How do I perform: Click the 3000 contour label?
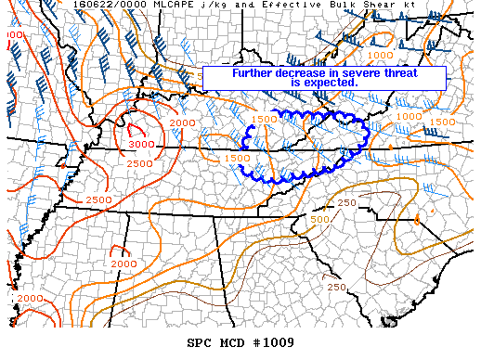[x=142, y=144]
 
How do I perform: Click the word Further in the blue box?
[x=254, y=73]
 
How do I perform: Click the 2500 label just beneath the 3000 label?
[x=139, y=164]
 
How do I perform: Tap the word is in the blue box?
[x=294, y=83]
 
